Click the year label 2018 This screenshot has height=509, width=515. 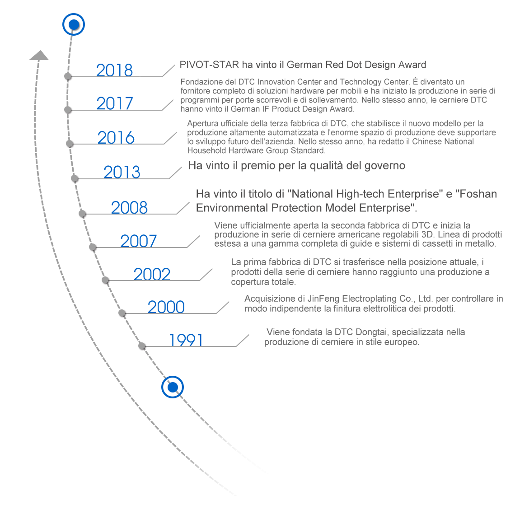(x=114, y=70)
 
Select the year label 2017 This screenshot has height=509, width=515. (x=115, y=103)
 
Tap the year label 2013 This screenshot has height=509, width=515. (x=122, y=172)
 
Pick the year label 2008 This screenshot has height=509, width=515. (x=129, y=208)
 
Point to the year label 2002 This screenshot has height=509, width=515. (x=152, y=274)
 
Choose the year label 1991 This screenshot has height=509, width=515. (x=186, y=340)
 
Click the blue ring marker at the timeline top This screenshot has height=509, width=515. (x=74, y=24)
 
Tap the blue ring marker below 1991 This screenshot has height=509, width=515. (x=173, y=387)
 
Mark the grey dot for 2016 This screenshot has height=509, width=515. (x=70, y=144)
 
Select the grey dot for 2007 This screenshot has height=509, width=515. (x=93, y=247)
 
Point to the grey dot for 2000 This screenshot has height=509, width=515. (x=122, y=313)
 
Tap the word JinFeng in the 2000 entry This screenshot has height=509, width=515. (x=323, y=299)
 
